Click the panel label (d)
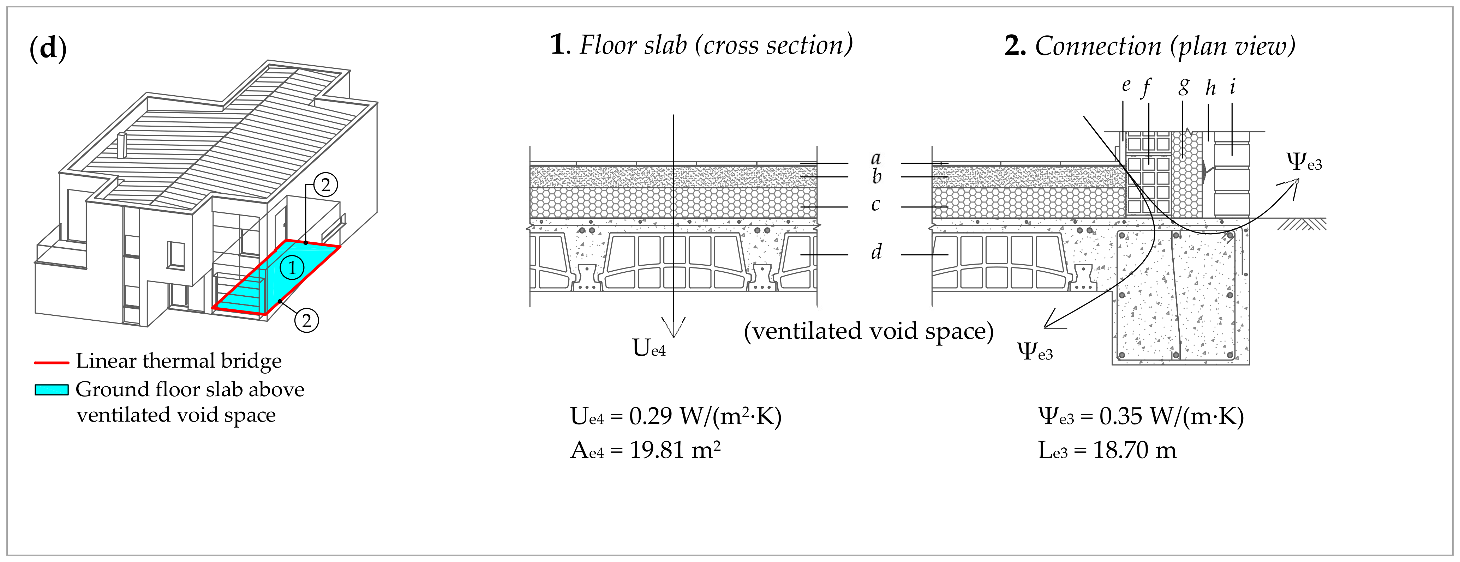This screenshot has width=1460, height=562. point(48,48)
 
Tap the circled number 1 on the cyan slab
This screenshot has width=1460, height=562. point(292,267)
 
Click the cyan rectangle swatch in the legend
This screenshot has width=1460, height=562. point(52,390)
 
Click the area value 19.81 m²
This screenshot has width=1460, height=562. point(675,451)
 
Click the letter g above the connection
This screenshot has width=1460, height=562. point(1183,87)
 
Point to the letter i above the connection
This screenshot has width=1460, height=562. point(1232,87)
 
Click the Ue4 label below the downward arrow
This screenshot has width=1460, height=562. point(649,348)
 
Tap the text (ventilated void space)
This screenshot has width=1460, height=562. point(868,331)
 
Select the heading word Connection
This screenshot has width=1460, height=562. point(1098,47)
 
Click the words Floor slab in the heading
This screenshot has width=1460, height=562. point(633,45)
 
